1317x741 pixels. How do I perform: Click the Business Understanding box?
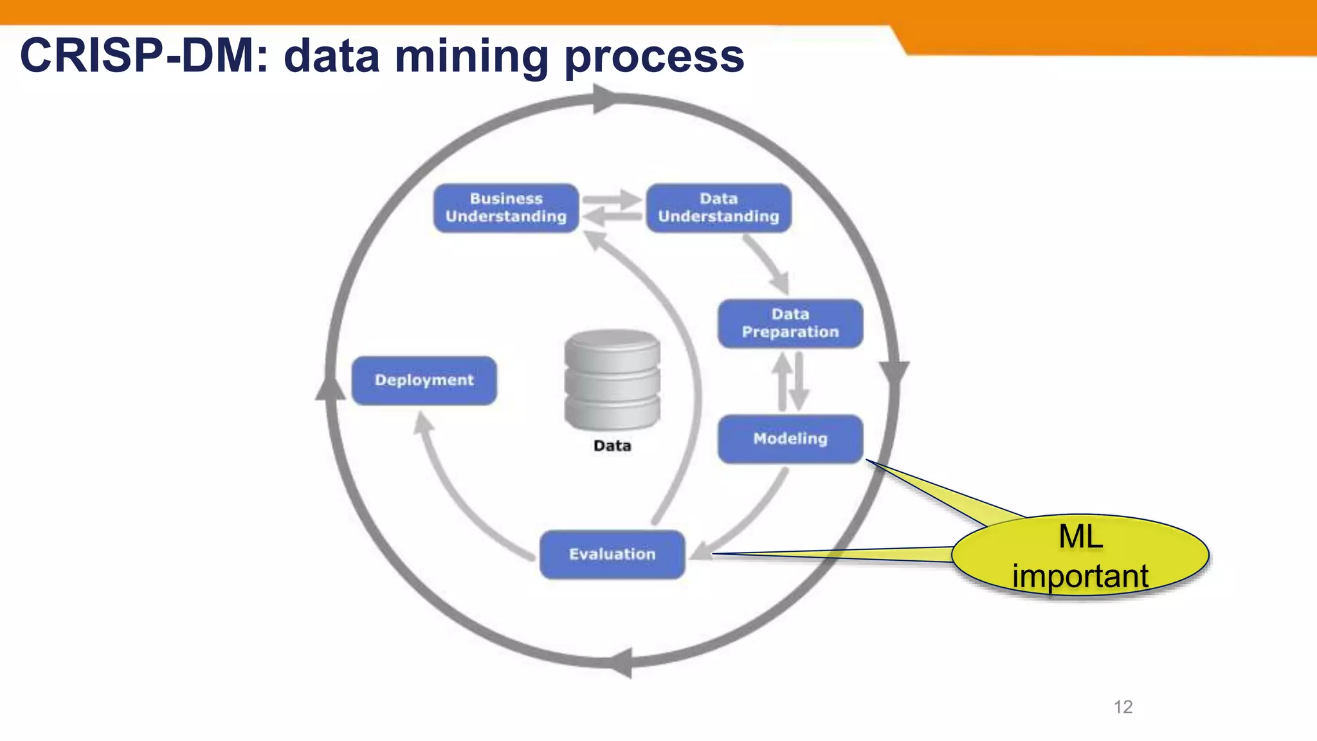(506, 208)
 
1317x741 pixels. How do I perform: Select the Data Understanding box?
(718, 208)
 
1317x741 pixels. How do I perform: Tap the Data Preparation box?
(790, 324)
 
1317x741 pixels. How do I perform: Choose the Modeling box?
(790, 439)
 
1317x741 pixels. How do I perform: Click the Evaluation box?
(612, 554)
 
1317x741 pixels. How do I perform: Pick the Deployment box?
(424, 380)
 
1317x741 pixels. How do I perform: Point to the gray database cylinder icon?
(612, 380)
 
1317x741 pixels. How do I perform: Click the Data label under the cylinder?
(612, 446)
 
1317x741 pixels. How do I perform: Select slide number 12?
(1123, 707)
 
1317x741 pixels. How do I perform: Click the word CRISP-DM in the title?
(138, 56)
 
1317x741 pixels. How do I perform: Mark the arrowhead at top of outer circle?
(604, 99)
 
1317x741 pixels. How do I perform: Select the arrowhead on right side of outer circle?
(894, 373)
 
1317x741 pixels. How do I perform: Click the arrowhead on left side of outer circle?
(330, 387)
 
